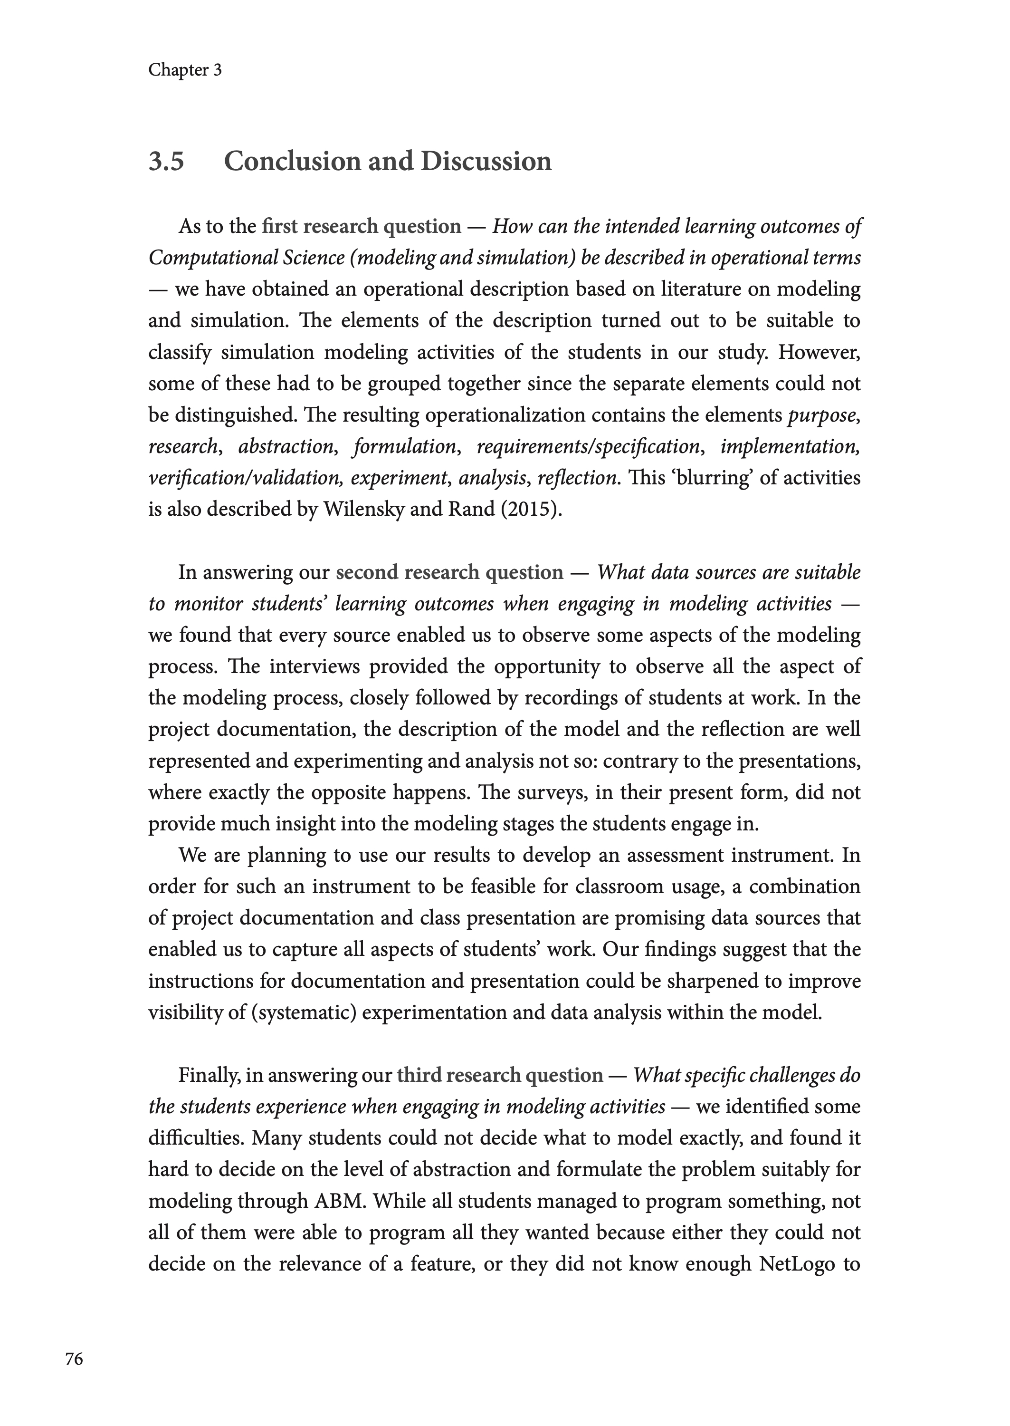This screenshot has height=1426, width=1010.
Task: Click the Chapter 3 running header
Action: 185,70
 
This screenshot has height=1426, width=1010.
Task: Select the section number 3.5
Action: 166,161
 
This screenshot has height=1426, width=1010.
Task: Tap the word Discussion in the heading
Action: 486,161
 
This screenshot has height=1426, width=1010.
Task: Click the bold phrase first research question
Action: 362,226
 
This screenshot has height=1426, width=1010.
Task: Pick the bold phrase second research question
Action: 449,572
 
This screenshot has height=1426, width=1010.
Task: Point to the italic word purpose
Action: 821,415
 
